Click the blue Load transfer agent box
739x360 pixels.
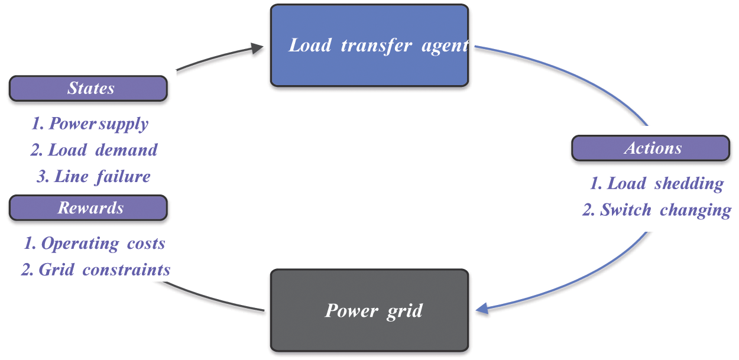coord(369,46)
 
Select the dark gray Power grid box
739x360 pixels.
coord(369,310)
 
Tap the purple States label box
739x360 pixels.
coord(89,89)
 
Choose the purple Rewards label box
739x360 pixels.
coord(89,208)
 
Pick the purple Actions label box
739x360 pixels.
coord(650,148)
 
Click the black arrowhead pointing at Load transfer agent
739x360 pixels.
coord(257,48)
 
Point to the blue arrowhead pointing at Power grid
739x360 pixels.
coord(482,309)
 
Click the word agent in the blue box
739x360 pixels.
coord(445,46)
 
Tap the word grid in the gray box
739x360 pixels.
coord(405,311)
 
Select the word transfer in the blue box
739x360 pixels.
coord(377,46)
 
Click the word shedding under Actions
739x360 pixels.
coord(689,183)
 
